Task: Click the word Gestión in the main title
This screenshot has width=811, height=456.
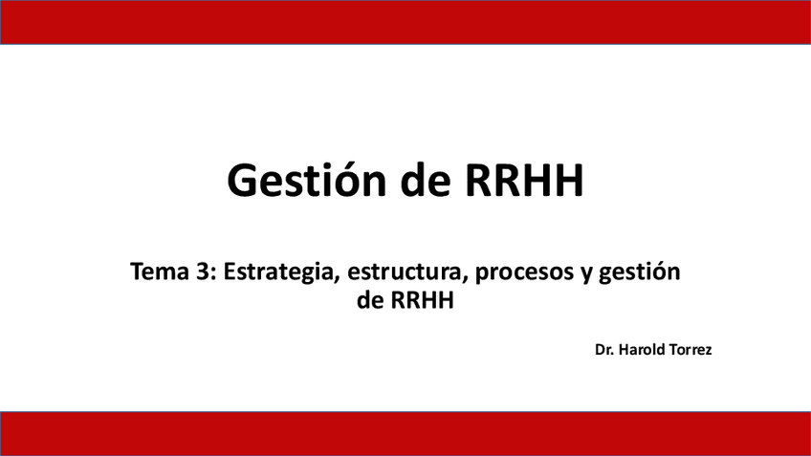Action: tap(307, 180)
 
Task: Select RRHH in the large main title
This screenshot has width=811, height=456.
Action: tap(524, 181)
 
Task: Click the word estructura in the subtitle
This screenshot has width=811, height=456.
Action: tap(406, 272)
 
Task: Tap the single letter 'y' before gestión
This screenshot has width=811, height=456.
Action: tap(586, 275)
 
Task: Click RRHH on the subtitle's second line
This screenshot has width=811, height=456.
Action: tap(422, 300)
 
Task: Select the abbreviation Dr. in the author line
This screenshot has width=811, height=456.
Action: tap(603, 350)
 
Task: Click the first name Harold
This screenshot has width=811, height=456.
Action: tap(642, 350)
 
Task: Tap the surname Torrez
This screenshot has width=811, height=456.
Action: tap(690, 350)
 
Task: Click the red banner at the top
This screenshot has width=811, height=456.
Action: tap(405, 22)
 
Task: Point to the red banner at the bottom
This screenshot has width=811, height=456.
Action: tap(405, 434)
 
